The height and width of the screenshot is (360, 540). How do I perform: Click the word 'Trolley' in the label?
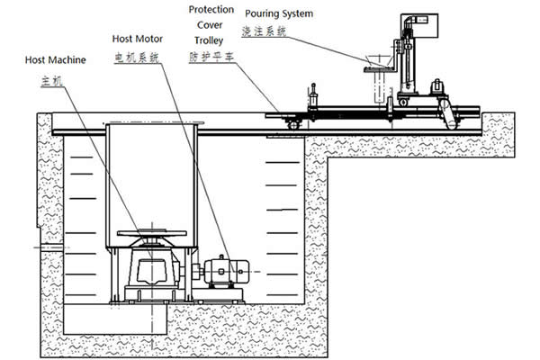pos(205,40)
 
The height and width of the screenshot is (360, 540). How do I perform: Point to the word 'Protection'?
pos(211,10)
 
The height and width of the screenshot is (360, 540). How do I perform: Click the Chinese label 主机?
pos(52,80)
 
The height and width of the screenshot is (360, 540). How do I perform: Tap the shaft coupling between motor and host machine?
pos(198,269)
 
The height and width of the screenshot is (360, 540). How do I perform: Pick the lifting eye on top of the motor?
pos(225,254)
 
